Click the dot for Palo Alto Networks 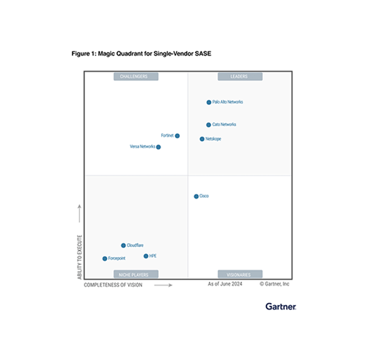coord(209,102)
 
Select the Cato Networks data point coord(208,124)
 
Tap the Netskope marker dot coord(202,139)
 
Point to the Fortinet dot coord(177,136)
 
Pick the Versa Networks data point coord(159,147)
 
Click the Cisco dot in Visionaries coord(196,196)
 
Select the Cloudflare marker coord(123,245)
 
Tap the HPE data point coord(146,256)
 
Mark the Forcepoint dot coord(104,258)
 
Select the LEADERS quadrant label coord(240,76)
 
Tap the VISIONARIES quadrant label coord(240,274)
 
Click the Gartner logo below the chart coord(281,306)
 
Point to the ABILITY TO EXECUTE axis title coord(80,257)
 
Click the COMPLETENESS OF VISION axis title coord(113,285)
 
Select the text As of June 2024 coord(225,284)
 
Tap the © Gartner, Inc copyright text coord(274,284)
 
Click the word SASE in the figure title coord(203,54)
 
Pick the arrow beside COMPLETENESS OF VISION coord(163,285)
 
